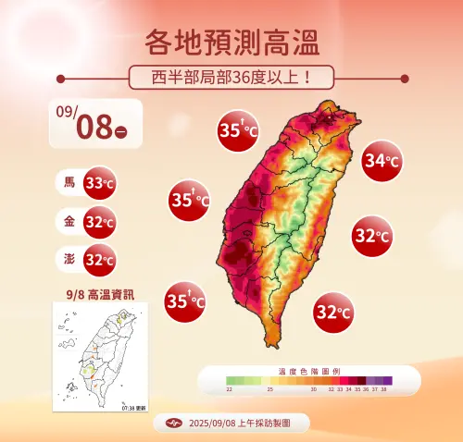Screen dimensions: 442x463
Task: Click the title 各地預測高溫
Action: tap(231, 42)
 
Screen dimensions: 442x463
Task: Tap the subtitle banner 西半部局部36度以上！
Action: tap(231, 76)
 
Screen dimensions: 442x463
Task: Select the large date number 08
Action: tap(94, 128)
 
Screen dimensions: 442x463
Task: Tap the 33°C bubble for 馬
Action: tap(99, 183)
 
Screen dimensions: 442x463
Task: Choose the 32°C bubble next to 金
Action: tap(99, 222)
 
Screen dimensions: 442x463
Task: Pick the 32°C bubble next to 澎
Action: tap(99, 260)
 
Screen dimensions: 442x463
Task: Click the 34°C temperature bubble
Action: tap(381, 161)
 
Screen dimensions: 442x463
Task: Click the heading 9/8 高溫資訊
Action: tap(99, 293)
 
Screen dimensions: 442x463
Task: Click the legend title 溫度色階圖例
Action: tap(308, 370)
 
